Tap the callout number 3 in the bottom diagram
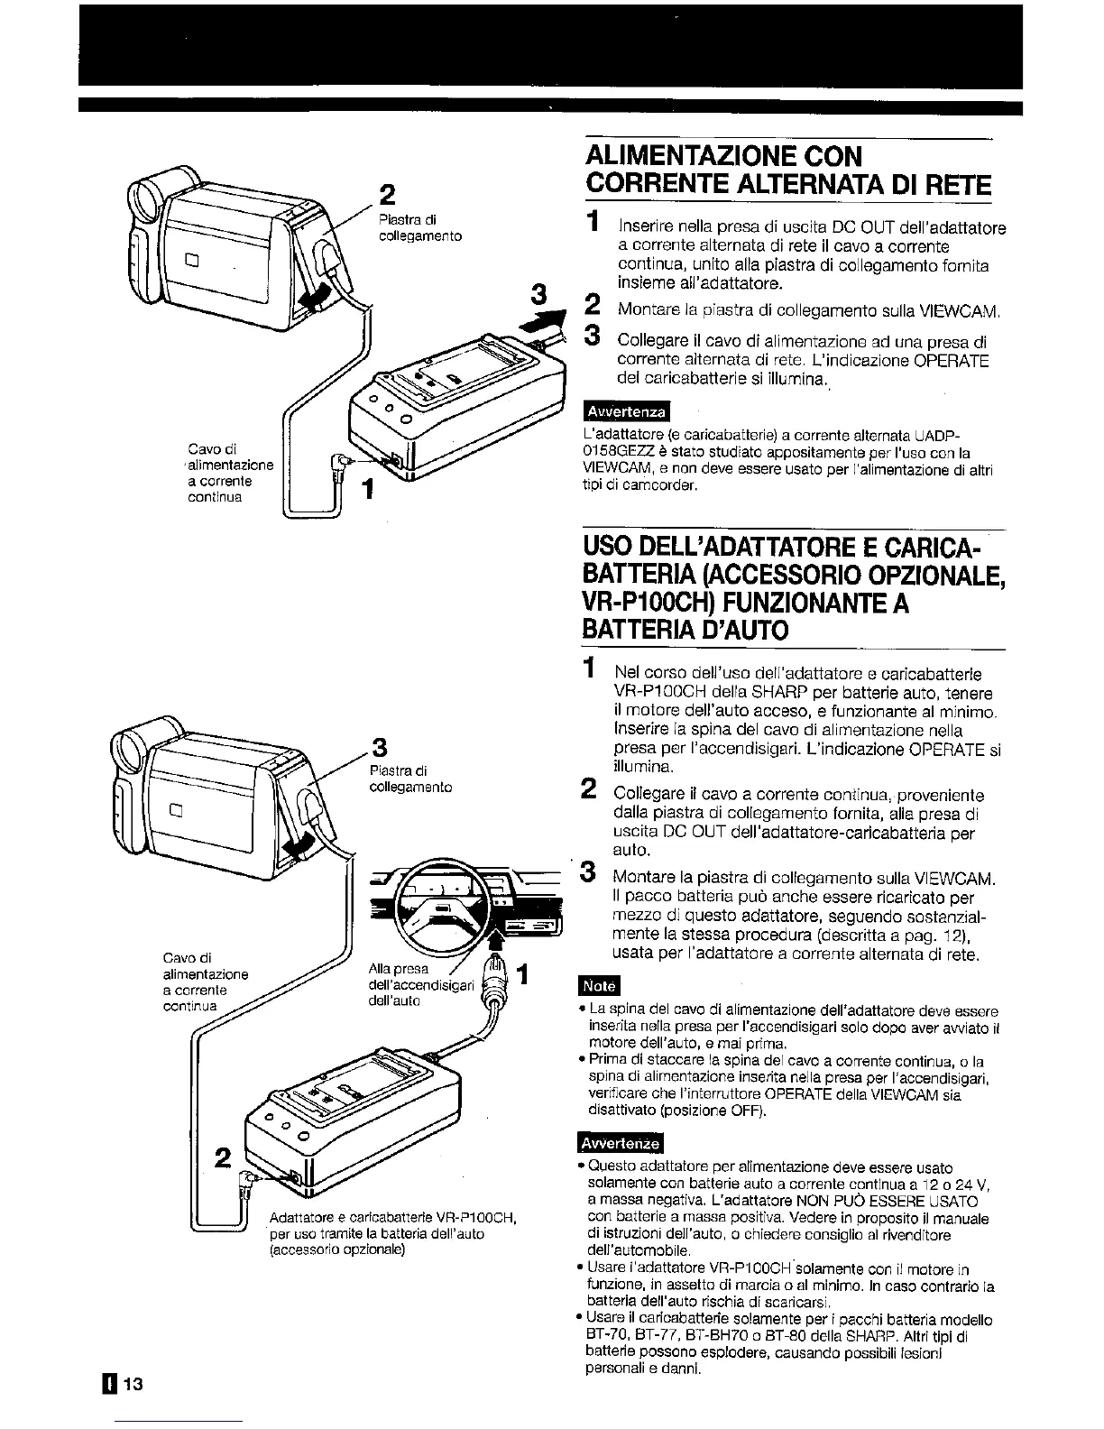380,748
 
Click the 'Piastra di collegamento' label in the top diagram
420,227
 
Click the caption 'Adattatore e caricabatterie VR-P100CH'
391,1217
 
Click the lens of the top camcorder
143,196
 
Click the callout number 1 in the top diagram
366,491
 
